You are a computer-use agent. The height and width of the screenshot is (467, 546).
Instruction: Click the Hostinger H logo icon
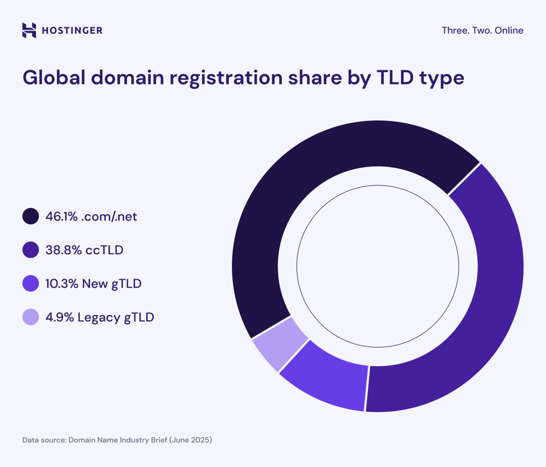coord(29,30)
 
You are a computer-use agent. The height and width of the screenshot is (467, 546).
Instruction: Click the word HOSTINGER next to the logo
coord(72,30)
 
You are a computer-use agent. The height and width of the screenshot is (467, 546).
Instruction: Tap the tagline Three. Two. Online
coord(482,30)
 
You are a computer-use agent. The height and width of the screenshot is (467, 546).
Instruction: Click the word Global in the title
coord(53,78)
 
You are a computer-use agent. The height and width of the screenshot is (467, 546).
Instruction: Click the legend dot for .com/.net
coord(30,216)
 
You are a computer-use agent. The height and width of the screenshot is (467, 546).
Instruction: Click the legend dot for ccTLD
coord(30,250)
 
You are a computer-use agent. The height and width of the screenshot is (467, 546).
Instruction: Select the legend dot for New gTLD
coord(30,283)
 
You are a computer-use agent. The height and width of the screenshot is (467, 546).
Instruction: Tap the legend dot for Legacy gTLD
coord(30,317)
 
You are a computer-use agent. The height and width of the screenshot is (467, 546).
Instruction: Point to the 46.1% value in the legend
coord(61,216)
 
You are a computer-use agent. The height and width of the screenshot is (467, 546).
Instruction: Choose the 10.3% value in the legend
coord(62,283)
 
